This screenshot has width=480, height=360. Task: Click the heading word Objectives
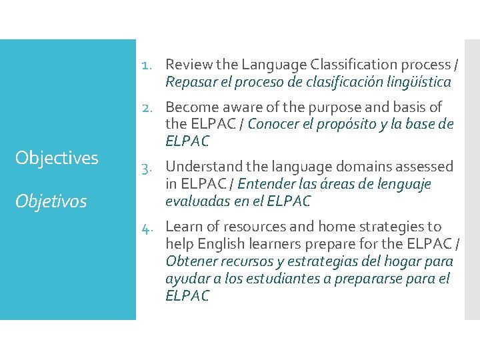tap(57, 158)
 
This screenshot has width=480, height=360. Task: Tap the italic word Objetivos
tap(51, 201)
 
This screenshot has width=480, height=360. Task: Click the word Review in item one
tap(186, 65)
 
